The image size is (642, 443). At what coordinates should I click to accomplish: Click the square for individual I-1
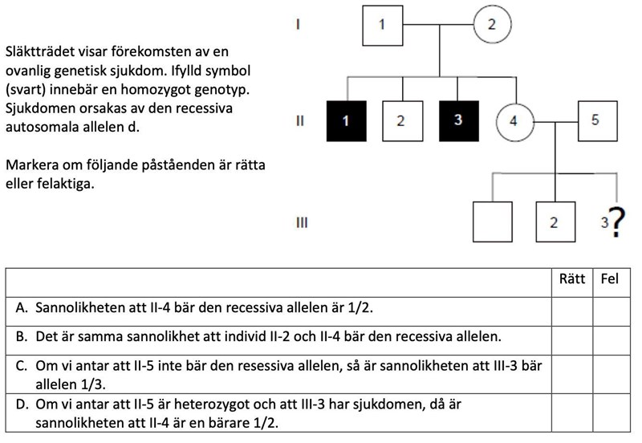point(383,25)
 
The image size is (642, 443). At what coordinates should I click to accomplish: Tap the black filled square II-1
point(347,121)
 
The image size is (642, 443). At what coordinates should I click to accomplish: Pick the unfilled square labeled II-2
point(400,121)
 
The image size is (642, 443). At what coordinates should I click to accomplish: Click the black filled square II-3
point(458,121)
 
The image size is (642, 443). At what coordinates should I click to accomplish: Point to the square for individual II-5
point(595,121)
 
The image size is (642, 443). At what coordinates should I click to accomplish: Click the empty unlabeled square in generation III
point(493,221)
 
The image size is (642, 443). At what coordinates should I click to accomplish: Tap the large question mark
point(616,222)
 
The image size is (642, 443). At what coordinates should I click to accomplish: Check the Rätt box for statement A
point(571,308)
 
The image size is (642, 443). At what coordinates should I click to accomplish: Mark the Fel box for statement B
point(611,336)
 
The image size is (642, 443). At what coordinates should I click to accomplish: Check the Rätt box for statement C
point(571,372)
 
